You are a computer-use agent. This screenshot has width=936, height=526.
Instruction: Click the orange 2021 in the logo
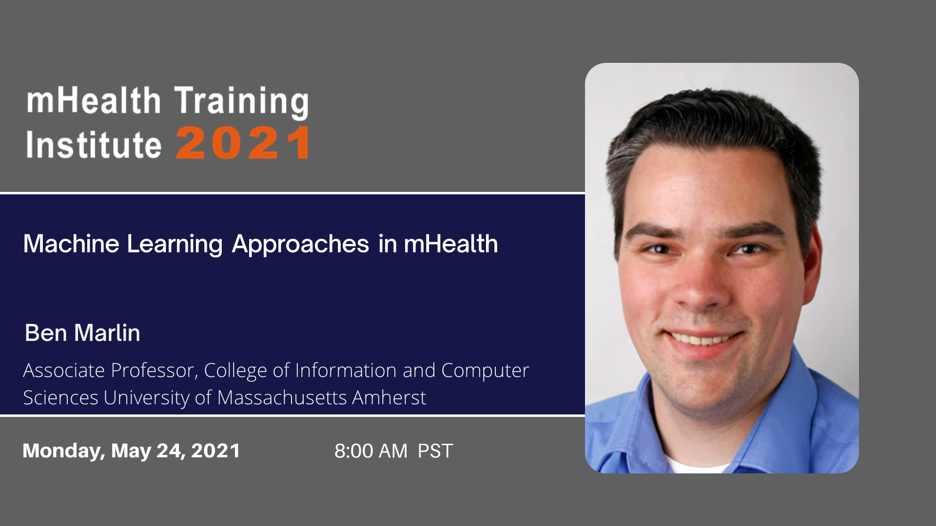(242, 143)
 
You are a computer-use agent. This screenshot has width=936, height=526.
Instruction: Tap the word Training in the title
(241, 102)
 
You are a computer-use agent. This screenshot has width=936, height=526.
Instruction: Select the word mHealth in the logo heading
(94, 100)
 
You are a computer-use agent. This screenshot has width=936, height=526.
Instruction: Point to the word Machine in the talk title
(71, 244)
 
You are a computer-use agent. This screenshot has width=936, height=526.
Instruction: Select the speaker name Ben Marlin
(82, 333)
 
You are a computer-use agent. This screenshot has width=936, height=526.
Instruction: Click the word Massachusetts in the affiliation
(282, 398)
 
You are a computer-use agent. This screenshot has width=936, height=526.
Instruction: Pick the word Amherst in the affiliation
(389, 398)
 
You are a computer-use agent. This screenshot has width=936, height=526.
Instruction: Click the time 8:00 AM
(371, 451)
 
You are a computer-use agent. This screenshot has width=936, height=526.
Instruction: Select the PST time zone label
(435, 451)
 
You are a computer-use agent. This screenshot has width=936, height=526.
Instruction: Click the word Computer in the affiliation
(485, 371)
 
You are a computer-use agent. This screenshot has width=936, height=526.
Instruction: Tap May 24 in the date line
(148, 451)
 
